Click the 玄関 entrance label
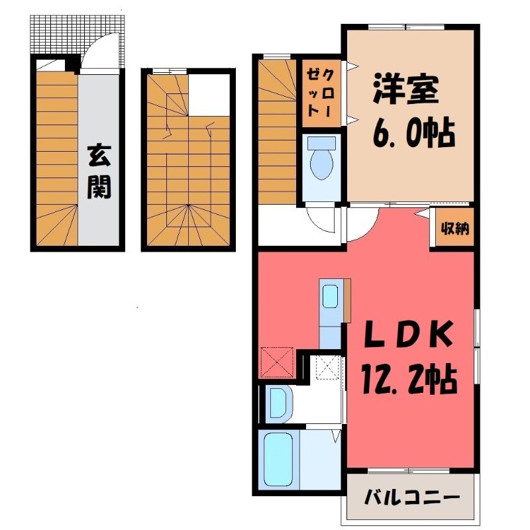click(99, 172)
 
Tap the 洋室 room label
click(406, 89)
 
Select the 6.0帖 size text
click(413, 132)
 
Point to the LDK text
click(408, 335)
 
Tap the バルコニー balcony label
click(412, 498)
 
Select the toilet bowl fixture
click(321, 158)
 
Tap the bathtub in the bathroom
click(278, 458)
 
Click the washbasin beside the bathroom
click(279, 403)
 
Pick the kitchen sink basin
click(330, 296)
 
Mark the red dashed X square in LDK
click(277, 362)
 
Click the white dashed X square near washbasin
click(327, 368)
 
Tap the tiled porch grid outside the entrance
click(76, 34)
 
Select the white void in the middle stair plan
click(209, 95)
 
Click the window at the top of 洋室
click(406, 27)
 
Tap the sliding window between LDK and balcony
click(409, 471)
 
